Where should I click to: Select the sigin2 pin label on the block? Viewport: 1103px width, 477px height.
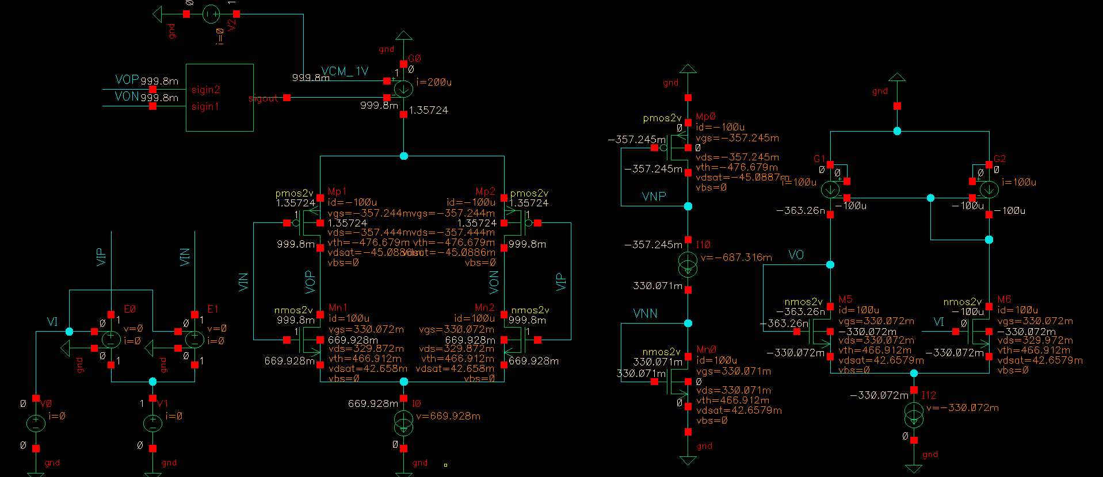click(x=205, y=90)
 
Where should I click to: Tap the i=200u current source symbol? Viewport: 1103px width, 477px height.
click(x=403, y=89)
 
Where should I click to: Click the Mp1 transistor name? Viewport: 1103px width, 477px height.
click(x=337, y=191)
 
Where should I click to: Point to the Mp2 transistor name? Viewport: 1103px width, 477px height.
click(x=485, y=191)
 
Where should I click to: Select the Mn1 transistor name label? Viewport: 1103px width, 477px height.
click(x=338, y=308)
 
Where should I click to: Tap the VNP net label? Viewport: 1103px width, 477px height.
click(x=654, y=197)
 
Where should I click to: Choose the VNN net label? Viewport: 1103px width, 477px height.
click(x=645, y=314)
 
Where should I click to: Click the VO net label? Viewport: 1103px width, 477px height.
click(x=796, y=255)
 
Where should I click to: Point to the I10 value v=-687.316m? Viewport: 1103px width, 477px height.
click(x=736, y=257)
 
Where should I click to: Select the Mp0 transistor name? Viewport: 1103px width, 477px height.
click(x=705, y=117)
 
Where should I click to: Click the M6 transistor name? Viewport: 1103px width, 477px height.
click(x=1004, y=299)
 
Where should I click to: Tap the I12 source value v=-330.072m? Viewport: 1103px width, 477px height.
click(x=962, y=408)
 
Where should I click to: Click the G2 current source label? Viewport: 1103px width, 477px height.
click(x=999, y=159)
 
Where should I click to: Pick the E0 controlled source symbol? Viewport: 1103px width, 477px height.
click(x=111, y=339)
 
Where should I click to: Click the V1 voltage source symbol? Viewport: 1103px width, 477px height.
click(x=152, y=424)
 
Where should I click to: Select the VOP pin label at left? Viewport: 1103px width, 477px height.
click(x=127, y=80)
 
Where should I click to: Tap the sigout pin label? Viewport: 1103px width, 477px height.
click(x=263, y=99)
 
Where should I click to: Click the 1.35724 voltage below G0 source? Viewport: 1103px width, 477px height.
click(x=428, y=110)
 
